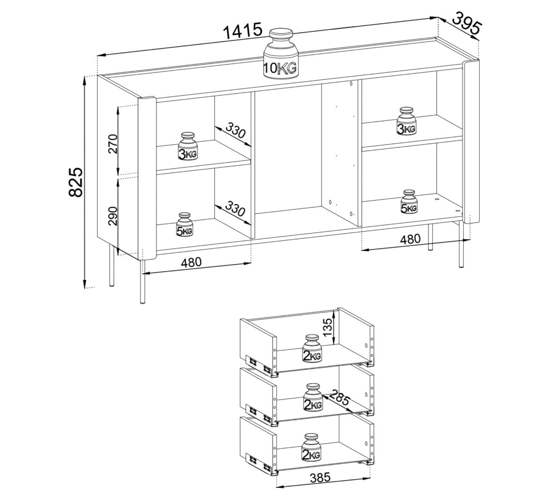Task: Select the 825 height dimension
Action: click(75, 182)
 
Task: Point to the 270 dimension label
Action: click(113, 144)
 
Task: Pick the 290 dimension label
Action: click(113, 216)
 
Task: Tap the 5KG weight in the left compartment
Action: click(185, 224)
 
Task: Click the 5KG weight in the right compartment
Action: click(409, 201)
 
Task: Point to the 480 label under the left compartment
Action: click(191, 263)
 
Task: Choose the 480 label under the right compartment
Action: click(410, 239)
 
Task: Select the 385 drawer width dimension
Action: click(320, 477)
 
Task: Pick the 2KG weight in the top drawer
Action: click(312, 348)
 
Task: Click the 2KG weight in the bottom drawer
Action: click(311, 447)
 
